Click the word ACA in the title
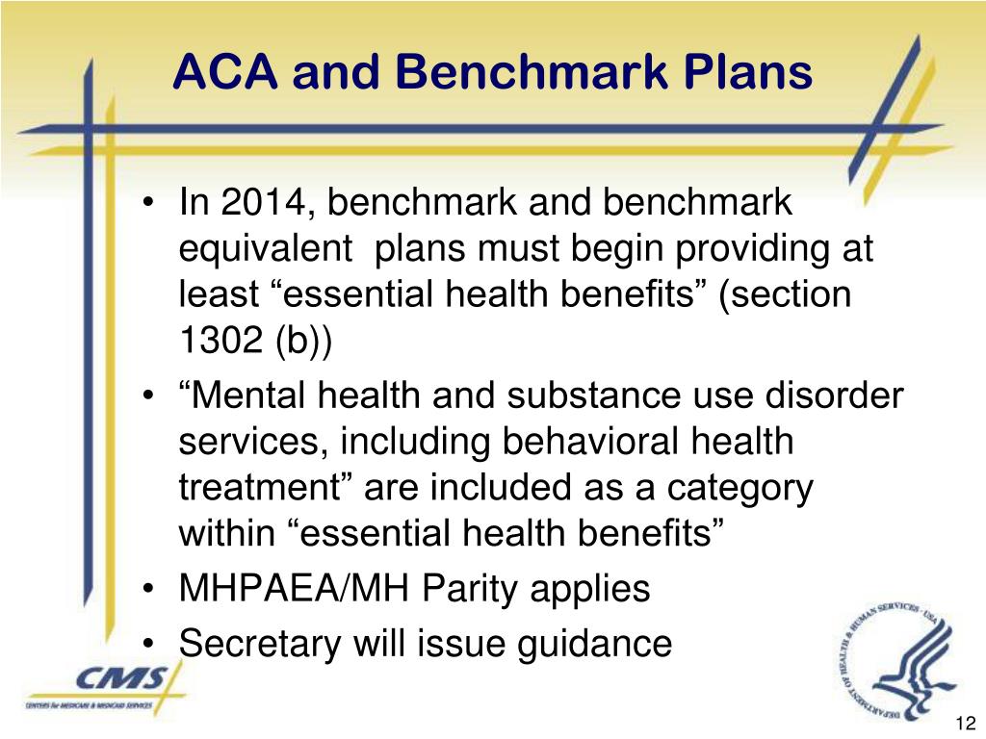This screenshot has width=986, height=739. (x=224, y=73)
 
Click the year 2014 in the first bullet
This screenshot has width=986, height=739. (x=259, y=203)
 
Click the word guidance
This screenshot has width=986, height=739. (x=593, y=643)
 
